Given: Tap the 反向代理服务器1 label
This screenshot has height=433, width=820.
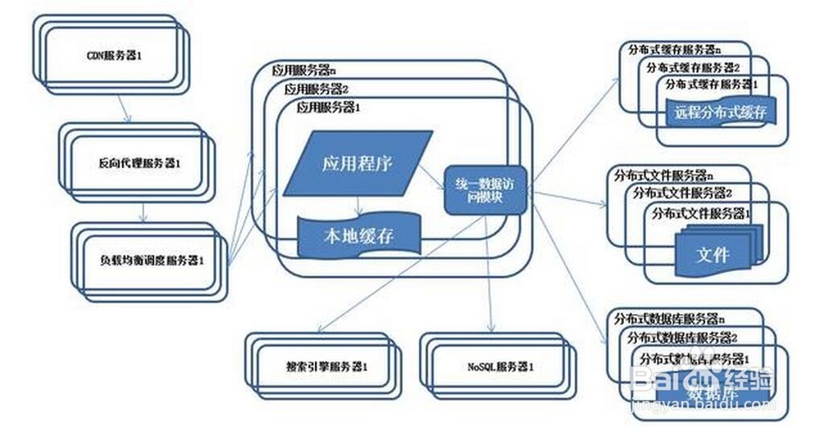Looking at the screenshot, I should (x=139, y=163).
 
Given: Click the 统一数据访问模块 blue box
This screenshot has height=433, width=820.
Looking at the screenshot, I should (x=484, y=190).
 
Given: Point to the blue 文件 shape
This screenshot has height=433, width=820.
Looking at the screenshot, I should (x=712, y=254).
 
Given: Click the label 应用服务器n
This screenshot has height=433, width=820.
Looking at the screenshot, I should (x=304, y=71).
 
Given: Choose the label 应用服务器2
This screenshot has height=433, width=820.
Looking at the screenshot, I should (x=317, y=89).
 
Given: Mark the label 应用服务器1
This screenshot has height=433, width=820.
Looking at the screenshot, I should (x=329, y=107).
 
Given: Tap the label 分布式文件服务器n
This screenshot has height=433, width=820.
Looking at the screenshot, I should (x=663, y=175).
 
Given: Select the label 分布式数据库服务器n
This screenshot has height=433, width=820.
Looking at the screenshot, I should (x=669, y=318).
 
